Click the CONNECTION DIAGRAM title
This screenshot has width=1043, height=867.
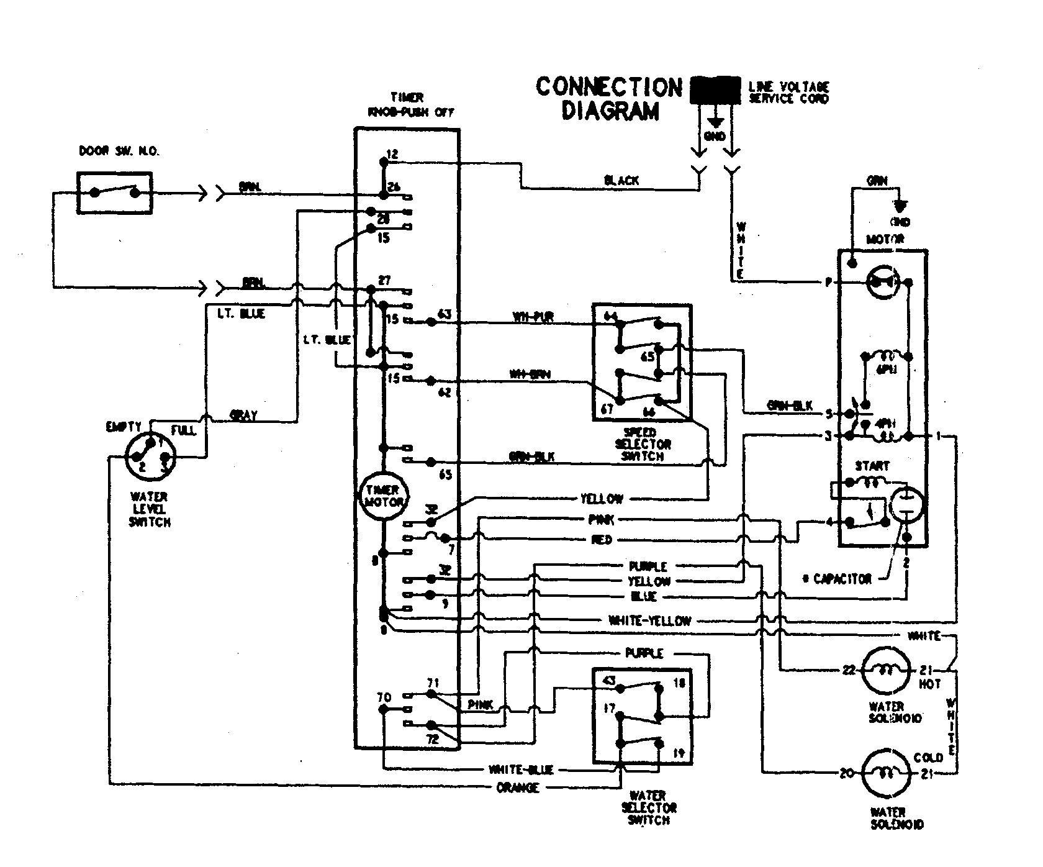(x=609, y=98)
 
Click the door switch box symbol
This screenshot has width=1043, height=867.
(x=115, y=193)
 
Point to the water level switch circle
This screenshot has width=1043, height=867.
(x=150, y=458)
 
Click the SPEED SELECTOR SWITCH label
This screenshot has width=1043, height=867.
(x=643, y=444)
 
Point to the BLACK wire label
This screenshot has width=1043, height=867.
(x=621, y=181)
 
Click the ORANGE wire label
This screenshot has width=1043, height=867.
(x=518, y=788)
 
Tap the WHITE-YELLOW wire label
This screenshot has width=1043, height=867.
(x=649, y=620)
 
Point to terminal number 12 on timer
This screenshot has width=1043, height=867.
(x=392, y=153)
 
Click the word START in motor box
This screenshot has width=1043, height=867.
(x=872, y=465)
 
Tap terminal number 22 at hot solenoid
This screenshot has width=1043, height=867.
(x=848, y=671)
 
